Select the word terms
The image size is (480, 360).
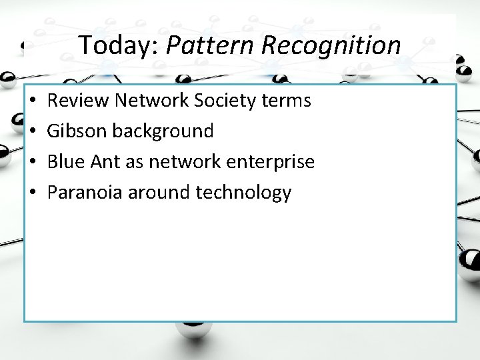click(x=288, y=101)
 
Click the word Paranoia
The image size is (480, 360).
click(x=85, y=193)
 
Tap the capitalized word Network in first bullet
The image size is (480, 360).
click(x=150, y=101)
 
